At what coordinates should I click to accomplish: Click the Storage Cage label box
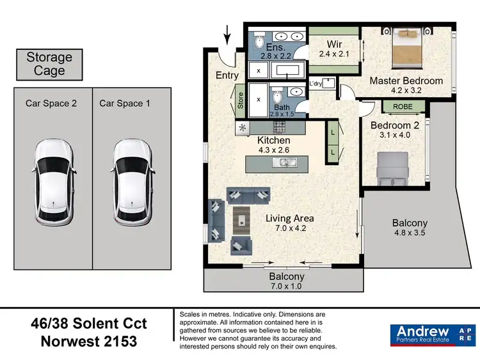coord(49,64)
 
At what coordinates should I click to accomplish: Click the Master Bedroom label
coord(406,81)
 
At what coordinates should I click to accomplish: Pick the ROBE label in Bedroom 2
coord(403,107)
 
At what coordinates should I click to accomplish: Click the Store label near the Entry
coord(241,102)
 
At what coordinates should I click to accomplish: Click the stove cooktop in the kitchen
coord(280,127)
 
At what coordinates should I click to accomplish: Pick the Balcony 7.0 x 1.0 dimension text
coord(285,287)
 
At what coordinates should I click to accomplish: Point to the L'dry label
coord(316,84)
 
